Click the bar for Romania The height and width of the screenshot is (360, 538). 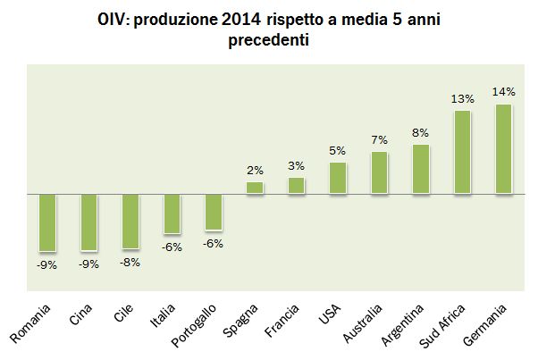(46, 222)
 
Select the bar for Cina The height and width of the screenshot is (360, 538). (88, 222)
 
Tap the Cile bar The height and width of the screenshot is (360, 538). (130, 221)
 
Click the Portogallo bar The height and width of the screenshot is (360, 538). (214, 213)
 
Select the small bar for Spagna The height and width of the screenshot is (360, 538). (255, 188)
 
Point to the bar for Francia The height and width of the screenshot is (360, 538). (297, 186)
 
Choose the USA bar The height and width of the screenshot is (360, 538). (338, 178)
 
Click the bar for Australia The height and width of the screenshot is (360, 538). (379, 172)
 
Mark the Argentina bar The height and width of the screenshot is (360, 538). (421, 169)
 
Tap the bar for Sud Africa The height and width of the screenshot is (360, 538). (462, 152)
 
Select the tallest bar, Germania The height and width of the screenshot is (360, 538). (504, 148)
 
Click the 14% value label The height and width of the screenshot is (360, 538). (504, 93)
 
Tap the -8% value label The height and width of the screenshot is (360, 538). (130, 262)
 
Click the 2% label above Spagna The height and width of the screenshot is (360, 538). (255, 171)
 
